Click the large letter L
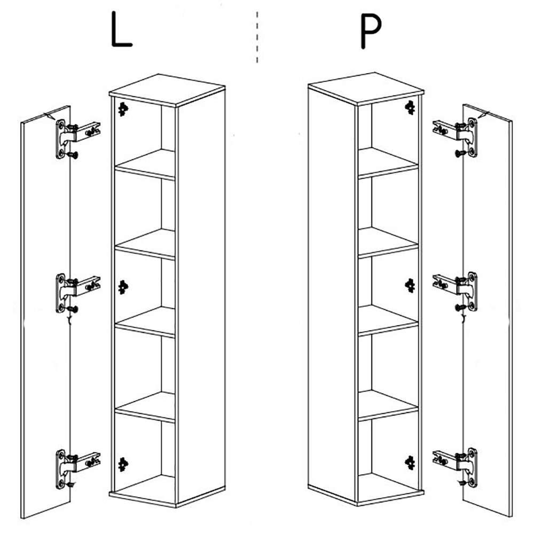tap(121, 29)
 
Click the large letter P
tap(371, 31)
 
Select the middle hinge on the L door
tap(77, 293)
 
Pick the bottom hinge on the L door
tap(77, 469)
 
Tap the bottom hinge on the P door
tap(455, 468)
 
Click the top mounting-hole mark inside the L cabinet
tap(123, 109)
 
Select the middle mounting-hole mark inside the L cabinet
tap(123, 287)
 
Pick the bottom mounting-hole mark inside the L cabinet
tap(123, 465)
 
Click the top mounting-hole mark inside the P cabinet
tap(410, 108)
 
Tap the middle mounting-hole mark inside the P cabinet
tap(410, 285)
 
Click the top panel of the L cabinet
tap(167, 90)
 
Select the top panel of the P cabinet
tap(366, 89)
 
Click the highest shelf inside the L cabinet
tap(145, 164)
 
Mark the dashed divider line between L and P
tap(257, 37)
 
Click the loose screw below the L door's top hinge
tap(73, 155)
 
